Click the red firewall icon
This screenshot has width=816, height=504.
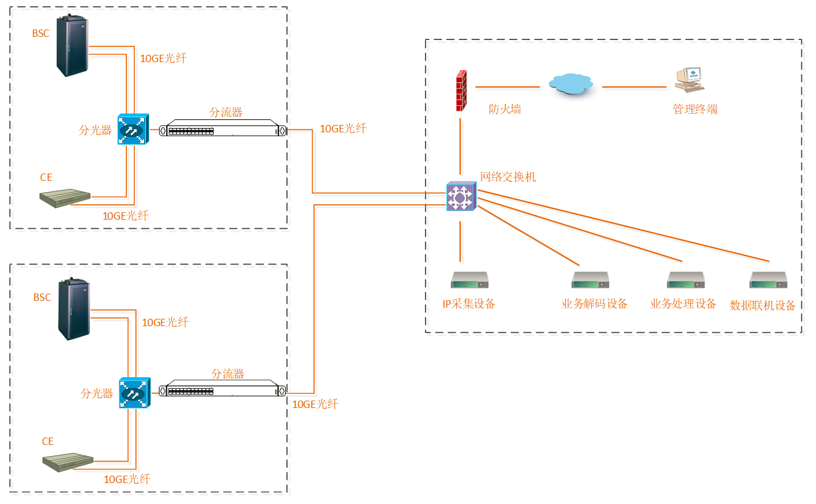(x=461, y=90)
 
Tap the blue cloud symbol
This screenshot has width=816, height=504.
(x=572, y=84)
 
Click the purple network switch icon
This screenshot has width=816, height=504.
(x=461, y=196)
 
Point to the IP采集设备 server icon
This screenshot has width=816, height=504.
(x=469, y=280)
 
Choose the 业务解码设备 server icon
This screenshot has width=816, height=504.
(x=590, y=280)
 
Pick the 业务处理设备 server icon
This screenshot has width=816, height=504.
(x=685, y=280)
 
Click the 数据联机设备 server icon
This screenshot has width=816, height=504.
(x=769, y=280)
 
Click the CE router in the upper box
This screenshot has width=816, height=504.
(x=65, y=197)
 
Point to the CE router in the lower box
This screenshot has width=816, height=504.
(x=67, y=463)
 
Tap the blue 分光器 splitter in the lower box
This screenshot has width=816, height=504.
(x=134, y=393)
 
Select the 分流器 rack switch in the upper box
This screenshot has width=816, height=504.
(x=223, y=130)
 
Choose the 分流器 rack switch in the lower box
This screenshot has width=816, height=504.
(x=223, y=391)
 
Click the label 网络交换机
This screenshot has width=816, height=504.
(x=508, y=177)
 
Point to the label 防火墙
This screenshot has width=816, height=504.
(x=505, y=110)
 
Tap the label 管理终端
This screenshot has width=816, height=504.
(x=695, y=110)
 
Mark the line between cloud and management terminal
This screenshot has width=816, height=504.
(x=634, y=87)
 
